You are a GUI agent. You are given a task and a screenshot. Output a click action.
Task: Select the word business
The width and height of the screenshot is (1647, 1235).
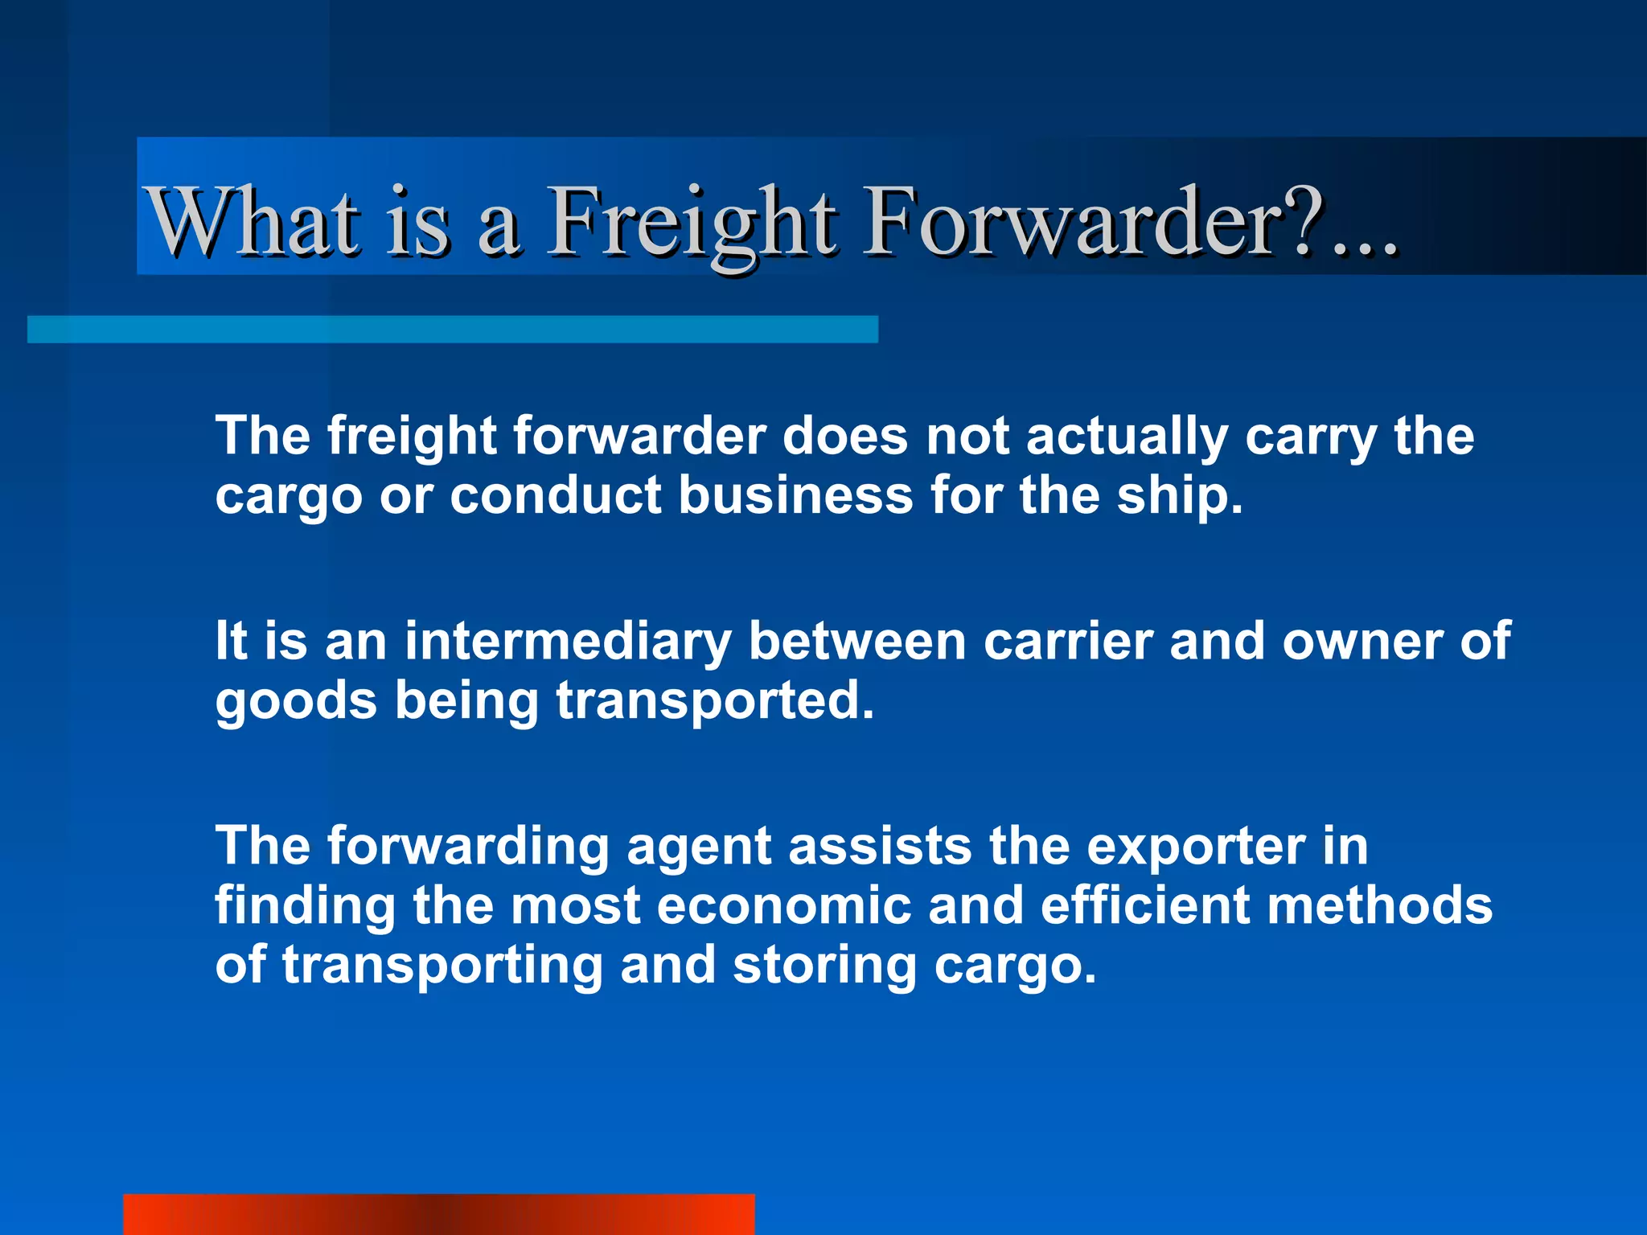click(x=795, y=496)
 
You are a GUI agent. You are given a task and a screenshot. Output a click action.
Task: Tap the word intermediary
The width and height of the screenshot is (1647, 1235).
click(x=568, y=642)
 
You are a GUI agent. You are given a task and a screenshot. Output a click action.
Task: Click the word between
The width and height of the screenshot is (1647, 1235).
click(x=856, y=642)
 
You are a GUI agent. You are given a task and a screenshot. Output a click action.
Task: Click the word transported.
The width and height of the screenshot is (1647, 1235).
click(x=714, y=701)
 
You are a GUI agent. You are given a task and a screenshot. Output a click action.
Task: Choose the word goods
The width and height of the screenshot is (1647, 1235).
click(x=295, y=701)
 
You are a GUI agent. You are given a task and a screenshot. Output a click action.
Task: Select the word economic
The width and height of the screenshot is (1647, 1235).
click(x=784, y=907)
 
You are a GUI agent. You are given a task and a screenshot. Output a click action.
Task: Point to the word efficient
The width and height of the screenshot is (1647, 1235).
click(x=1144, y=907)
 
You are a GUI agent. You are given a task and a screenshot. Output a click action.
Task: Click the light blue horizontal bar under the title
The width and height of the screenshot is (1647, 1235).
click(x=452, y=330)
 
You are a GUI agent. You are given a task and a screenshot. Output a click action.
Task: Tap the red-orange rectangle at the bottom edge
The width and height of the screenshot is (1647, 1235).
click(x=438, y=1215)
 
